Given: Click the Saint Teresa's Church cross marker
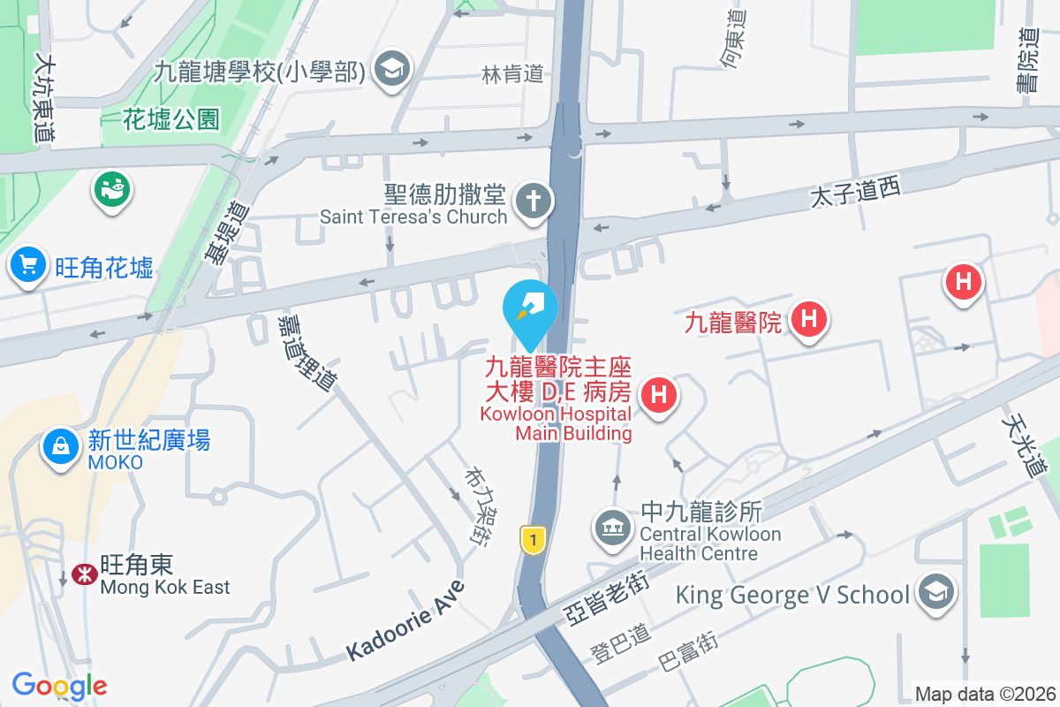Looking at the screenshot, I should point(533,201).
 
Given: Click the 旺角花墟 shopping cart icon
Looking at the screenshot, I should point(28,264).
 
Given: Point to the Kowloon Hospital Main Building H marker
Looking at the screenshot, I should point(658,395).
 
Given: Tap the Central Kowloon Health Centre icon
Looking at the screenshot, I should point(612,528).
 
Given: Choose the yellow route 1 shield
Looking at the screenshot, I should point(531,539).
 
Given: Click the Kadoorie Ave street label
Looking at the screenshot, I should point(405,621).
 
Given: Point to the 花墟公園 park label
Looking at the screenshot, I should point(171,119).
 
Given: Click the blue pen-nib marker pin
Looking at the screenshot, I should point(530,305).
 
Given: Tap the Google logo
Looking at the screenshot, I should point(59,686).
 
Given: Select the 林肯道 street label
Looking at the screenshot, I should point(512,75).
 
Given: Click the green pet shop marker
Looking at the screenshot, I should point(111,188).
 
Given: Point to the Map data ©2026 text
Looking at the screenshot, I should point(984,695).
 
